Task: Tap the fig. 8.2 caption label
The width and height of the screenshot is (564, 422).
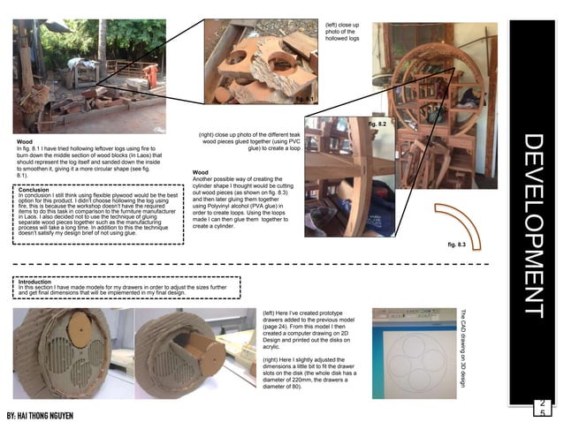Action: pos(377,124)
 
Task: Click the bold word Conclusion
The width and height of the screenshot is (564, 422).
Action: pos(37,188)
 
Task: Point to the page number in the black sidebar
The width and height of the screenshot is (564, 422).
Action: pos(542,408)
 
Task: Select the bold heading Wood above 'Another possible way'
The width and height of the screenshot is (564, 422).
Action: pos(201,172)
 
